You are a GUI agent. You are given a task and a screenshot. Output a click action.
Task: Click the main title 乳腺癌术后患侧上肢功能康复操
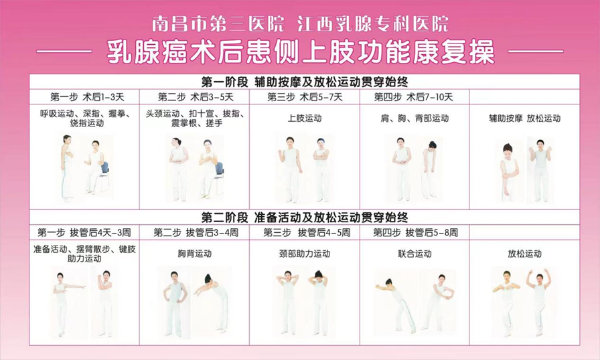click(301, 52)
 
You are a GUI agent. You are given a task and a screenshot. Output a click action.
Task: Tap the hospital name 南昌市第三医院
click(218, 23)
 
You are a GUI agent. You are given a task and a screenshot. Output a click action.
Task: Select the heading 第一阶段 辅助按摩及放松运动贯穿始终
click(305, 82)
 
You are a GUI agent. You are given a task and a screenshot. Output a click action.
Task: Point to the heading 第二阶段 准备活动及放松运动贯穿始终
click(305, 217)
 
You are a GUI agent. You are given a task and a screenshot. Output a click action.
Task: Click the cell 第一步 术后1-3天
click(87, 97)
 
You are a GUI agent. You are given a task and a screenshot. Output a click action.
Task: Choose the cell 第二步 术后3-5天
click(196, 97)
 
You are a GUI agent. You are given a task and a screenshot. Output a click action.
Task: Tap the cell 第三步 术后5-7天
click(305, 97)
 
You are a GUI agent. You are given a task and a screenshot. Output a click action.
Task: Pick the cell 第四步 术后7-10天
click(413, 97)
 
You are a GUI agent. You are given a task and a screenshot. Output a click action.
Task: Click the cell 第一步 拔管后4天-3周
click(84, 232)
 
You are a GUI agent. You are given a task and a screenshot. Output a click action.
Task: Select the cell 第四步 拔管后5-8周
click(416, 232)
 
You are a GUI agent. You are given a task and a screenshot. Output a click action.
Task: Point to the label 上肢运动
click(305, 118)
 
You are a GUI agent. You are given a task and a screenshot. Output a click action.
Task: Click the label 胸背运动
click(194, 254)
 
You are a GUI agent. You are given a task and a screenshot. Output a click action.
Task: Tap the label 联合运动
click(415, 254)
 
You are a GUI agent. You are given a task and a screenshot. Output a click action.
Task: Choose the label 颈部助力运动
click(305, 254)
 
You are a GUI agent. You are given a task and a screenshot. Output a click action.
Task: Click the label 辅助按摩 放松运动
click(524, 118)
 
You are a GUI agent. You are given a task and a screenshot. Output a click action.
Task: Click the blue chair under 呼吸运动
click(104, 175)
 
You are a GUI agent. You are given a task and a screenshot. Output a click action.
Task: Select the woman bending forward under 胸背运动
click(213, 301)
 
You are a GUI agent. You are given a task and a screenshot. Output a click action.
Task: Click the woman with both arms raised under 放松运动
click(539, 302)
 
